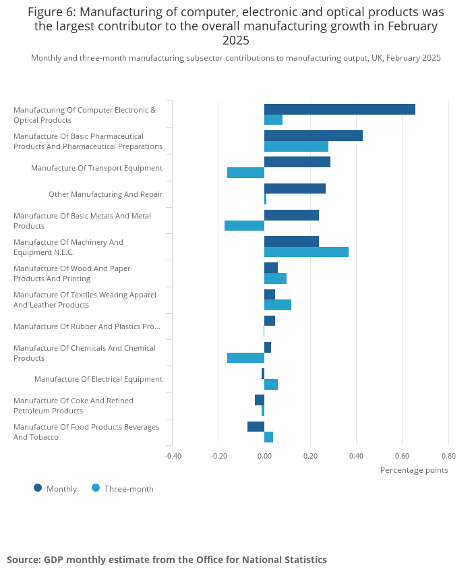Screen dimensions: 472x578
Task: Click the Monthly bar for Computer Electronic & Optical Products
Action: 340,109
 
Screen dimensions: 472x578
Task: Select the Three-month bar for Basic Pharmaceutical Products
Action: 296,146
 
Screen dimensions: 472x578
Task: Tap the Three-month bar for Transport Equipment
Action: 245,173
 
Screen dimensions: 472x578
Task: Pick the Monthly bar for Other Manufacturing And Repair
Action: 295,188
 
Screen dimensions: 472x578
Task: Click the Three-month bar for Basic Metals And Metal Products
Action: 244,225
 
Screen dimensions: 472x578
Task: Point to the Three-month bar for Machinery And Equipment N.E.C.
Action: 306,252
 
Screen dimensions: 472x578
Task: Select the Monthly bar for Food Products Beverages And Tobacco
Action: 256,426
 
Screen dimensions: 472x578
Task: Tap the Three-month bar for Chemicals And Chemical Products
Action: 245,357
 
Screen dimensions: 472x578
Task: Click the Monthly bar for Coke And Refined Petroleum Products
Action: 260,400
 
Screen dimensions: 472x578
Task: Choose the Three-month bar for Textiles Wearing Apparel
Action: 277,305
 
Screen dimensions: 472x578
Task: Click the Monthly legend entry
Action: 55,488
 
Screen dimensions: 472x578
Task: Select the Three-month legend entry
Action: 123,488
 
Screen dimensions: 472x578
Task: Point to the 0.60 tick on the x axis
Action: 403,456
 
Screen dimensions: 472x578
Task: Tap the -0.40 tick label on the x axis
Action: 173,456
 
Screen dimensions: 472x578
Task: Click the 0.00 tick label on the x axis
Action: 264,456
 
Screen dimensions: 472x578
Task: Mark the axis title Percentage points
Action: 414,470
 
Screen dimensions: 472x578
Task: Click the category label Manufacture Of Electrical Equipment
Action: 98,379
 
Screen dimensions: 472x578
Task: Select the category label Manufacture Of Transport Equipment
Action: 96,168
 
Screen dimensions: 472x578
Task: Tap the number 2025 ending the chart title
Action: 236,40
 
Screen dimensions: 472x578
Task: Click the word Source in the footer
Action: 24,560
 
